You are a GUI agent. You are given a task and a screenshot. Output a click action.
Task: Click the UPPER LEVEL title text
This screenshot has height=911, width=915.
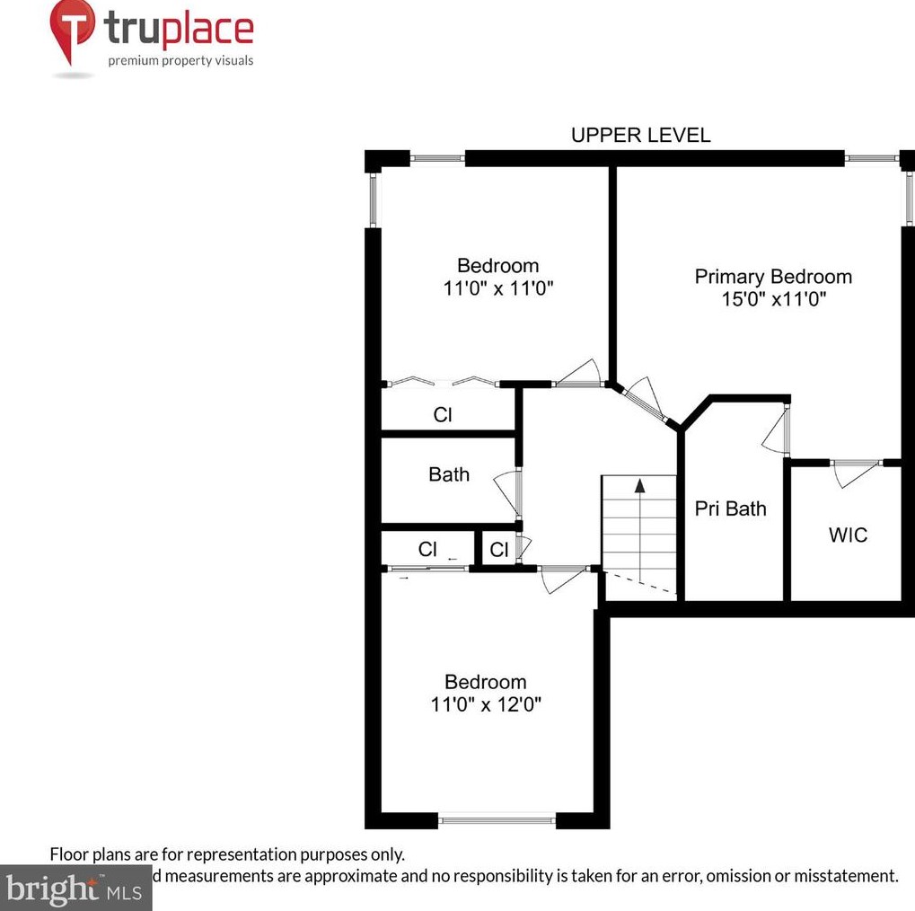640,136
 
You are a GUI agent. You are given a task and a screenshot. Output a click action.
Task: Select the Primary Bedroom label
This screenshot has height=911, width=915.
772,277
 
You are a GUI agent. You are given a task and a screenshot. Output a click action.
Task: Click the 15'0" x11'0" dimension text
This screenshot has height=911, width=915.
772,300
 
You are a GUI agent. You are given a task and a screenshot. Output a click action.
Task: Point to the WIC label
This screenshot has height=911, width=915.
848,535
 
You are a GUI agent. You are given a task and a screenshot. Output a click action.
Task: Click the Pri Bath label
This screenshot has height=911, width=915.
731,509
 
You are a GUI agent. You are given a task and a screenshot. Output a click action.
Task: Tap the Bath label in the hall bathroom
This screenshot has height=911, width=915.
448,474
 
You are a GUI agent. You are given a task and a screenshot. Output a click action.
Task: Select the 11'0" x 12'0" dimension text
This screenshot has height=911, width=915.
485,704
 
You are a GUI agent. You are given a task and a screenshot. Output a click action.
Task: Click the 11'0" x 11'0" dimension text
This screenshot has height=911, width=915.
497,288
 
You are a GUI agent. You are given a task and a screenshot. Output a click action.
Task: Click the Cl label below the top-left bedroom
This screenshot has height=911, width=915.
442,416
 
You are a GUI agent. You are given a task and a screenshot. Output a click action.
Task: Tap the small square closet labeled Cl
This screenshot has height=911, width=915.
499,550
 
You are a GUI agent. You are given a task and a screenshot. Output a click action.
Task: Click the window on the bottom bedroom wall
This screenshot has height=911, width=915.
497,818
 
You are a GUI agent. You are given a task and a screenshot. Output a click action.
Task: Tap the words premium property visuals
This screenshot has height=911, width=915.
180,61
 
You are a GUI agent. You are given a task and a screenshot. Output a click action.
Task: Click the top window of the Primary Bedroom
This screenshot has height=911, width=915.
870,159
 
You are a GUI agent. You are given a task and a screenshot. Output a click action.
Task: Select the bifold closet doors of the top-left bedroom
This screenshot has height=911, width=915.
440,383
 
